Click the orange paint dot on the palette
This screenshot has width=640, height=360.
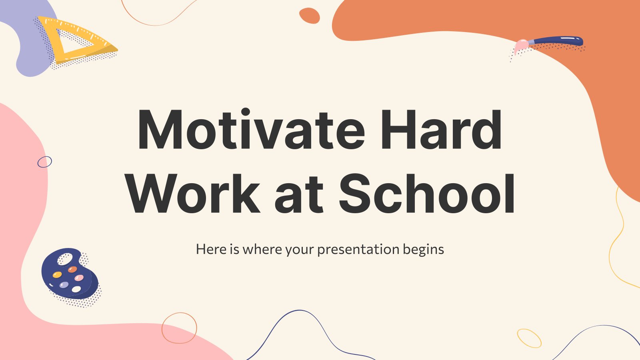click(x=72, y=270)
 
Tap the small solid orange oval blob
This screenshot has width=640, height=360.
click(x=310, y=16)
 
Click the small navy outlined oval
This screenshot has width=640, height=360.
click(x=45, y=162)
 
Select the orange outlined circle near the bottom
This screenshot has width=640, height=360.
click(x=179, y=328)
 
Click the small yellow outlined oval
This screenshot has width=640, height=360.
click(x=529, y=338)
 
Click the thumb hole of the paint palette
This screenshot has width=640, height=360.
click(x=65, y=259)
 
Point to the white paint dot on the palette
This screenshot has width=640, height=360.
click(x=76, y=289)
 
